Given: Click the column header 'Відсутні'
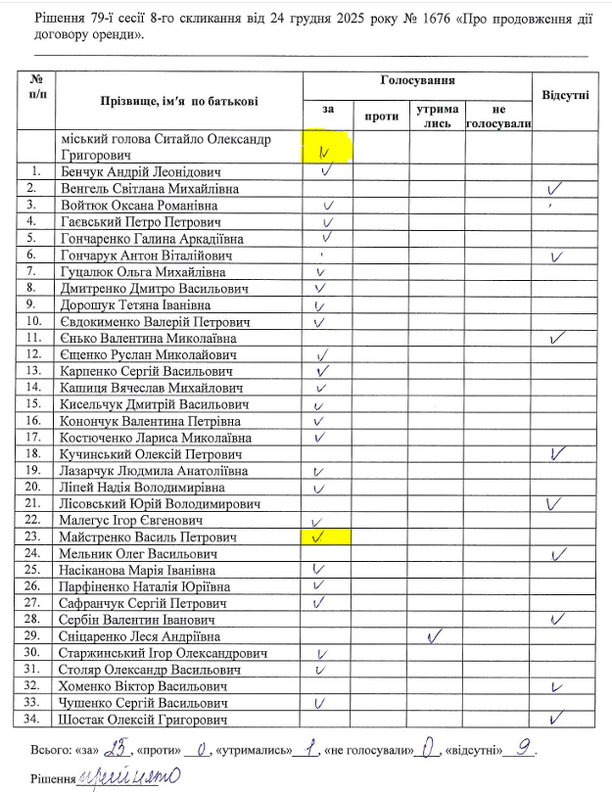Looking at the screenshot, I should coord(565,96).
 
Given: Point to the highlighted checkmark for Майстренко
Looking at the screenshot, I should coord(317,537).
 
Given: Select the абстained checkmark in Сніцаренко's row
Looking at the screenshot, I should coord(432,636).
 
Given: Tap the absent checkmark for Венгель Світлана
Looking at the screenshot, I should coord(557,187).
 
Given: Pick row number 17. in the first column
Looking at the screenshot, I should coord(34,438).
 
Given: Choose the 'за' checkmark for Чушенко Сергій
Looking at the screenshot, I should coord(318,703).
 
